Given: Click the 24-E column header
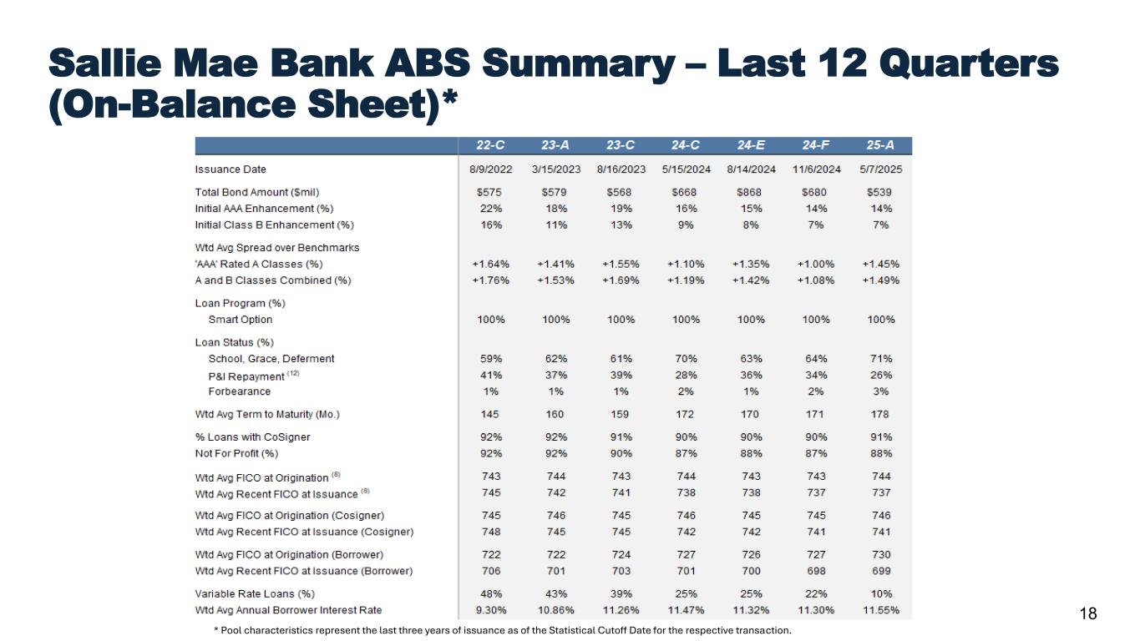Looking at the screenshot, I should [x=751, y=146].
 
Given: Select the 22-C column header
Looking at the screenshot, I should [x=491, y=146].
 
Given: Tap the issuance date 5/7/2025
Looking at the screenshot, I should [x=880, y=169].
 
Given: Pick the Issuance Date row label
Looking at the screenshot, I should [x=231, y=169].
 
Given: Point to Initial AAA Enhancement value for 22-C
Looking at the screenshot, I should [x=491, y=209].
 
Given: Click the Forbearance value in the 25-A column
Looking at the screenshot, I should [x=880, y=391].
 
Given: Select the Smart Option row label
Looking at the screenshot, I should [x=241, y=320].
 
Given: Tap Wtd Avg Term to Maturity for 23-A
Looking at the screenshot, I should [x=556, y=414].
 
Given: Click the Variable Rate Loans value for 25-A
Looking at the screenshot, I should [x=880, y=594].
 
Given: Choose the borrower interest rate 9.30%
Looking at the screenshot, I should [x=491, y=610].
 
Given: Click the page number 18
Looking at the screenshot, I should [x=1088, y=614].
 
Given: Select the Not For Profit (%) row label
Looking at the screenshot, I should [x=236, y=453].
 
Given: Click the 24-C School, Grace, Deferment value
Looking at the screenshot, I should [x=686, y=359].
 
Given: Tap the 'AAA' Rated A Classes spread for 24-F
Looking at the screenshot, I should [x=816, y=265].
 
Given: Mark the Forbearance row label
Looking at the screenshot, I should [x=240, y=391].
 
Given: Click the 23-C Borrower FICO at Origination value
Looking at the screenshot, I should [x=621, y=555].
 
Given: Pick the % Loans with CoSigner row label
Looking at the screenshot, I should [x=246, y=437].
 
